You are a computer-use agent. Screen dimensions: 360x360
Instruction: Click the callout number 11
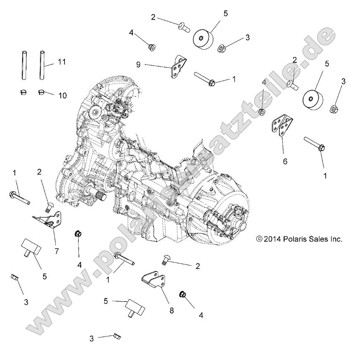point(62,62)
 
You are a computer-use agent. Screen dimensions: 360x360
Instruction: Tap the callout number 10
point(62,96)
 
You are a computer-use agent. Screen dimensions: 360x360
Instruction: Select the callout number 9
point(138,64)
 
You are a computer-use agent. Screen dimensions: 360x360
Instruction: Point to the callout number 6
point(285,161)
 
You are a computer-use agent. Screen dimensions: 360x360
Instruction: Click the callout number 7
point(57,251)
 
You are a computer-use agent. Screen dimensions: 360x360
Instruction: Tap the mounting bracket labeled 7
point(49,220)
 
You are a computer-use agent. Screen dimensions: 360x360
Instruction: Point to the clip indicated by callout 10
point(41,91)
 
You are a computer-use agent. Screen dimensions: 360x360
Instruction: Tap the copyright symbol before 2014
point(259,239)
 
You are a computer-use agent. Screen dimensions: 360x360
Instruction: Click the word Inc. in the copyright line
point(335,239)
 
